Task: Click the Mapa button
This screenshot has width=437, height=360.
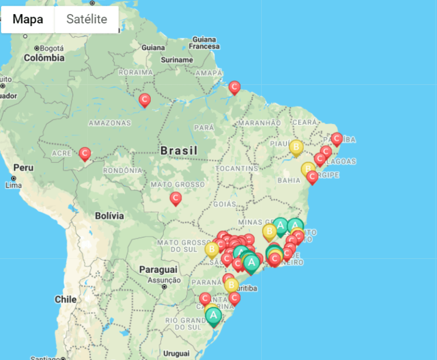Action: pyautogui.click(x=28, y=19)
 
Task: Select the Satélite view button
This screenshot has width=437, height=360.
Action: pyautogui.click(x=86, y=19)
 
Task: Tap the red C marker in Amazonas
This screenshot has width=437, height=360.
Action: pyautogui.click(x=145, y=100)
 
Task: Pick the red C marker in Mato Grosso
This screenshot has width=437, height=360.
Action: pyautogui.click(x=176, y=198)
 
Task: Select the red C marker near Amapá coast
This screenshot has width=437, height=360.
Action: pyautogui.click(x=234, y=87)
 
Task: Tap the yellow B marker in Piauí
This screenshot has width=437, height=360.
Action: pyautogui.click(x=296, y=147)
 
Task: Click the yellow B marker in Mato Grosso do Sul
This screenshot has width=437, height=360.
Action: pyautogui.click(x=212, y=249)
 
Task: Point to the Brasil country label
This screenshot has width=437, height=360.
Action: pyautogui.click(x=179, y=151)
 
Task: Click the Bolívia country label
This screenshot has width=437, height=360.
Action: pyautogui.click(x=109, y=216)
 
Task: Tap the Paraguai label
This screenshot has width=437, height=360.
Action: pyautogui.click(x=158, y=269)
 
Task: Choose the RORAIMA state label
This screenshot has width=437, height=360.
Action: pyautogui.click(x=136, y=73)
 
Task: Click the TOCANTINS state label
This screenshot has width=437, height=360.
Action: pyautogui.click(x=237, y=169)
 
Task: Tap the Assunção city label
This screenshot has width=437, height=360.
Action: pyautogui.click(x=164, y=280)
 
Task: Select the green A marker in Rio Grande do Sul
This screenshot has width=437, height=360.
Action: pyautogui.click(x=213, y=316)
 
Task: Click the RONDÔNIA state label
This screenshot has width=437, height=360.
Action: pyautogui.click(x=123, y=171)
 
